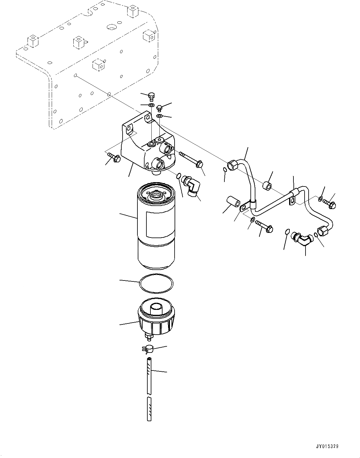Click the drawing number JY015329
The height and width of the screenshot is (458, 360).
coord(327,447)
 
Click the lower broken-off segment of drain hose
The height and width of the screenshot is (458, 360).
coord(149,409)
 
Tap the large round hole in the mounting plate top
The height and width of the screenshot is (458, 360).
coord(111,27)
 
